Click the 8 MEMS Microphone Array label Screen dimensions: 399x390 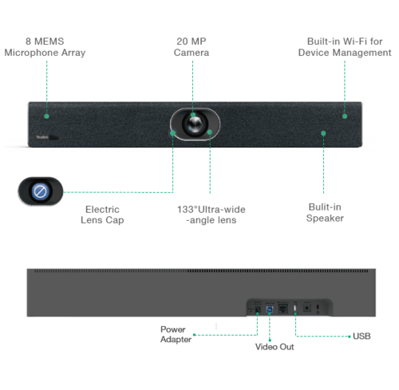45,47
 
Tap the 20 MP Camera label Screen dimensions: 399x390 192,47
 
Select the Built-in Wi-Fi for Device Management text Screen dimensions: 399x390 345,47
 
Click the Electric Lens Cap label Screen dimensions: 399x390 102,215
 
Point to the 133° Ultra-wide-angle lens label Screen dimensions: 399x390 211,215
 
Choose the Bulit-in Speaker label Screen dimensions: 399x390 325,213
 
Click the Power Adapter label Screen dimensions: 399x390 176,334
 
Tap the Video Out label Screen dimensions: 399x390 275,347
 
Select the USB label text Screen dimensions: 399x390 361,337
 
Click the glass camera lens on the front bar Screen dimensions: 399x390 195,124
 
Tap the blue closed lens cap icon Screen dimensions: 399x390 40,191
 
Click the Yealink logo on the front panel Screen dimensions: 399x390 42,137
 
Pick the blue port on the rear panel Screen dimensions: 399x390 270,309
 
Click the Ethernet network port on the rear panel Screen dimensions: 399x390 282,309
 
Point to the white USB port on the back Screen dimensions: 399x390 295,309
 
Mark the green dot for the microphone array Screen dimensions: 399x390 46,116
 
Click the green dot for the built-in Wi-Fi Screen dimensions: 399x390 345,116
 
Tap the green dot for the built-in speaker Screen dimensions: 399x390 323,133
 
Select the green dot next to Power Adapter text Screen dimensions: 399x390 195,335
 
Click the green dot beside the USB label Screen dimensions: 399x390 350,337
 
